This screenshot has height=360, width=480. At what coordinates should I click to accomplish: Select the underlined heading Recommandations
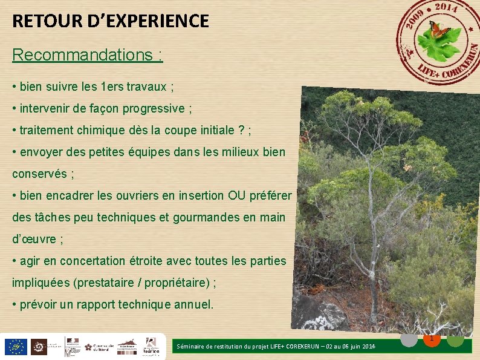(87, 55)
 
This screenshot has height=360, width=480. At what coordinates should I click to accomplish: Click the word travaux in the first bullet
(147, 87)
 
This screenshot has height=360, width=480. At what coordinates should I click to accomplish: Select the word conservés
(39, 174)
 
